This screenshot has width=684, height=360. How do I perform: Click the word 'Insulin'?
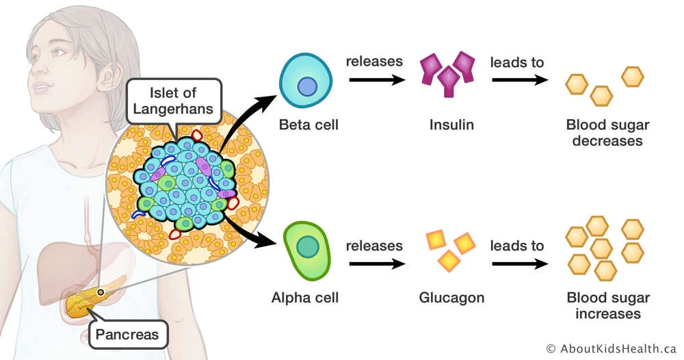point(451,125)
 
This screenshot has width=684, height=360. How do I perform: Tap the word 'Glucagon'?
point(451,298)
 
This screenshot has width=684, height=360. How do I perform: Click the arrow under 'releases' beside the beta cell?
point(376,81)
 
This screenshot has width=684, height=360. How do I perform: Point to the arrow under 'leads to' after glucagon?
point(518,263)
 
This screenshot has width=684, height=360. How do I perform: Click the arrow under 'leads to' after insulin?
point(518,81)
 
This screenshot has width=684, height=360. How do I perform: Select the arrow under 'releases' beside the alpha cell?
point(376,263)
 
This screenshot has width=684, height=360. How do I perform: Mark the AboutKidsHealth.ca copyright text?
point(611,348)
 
